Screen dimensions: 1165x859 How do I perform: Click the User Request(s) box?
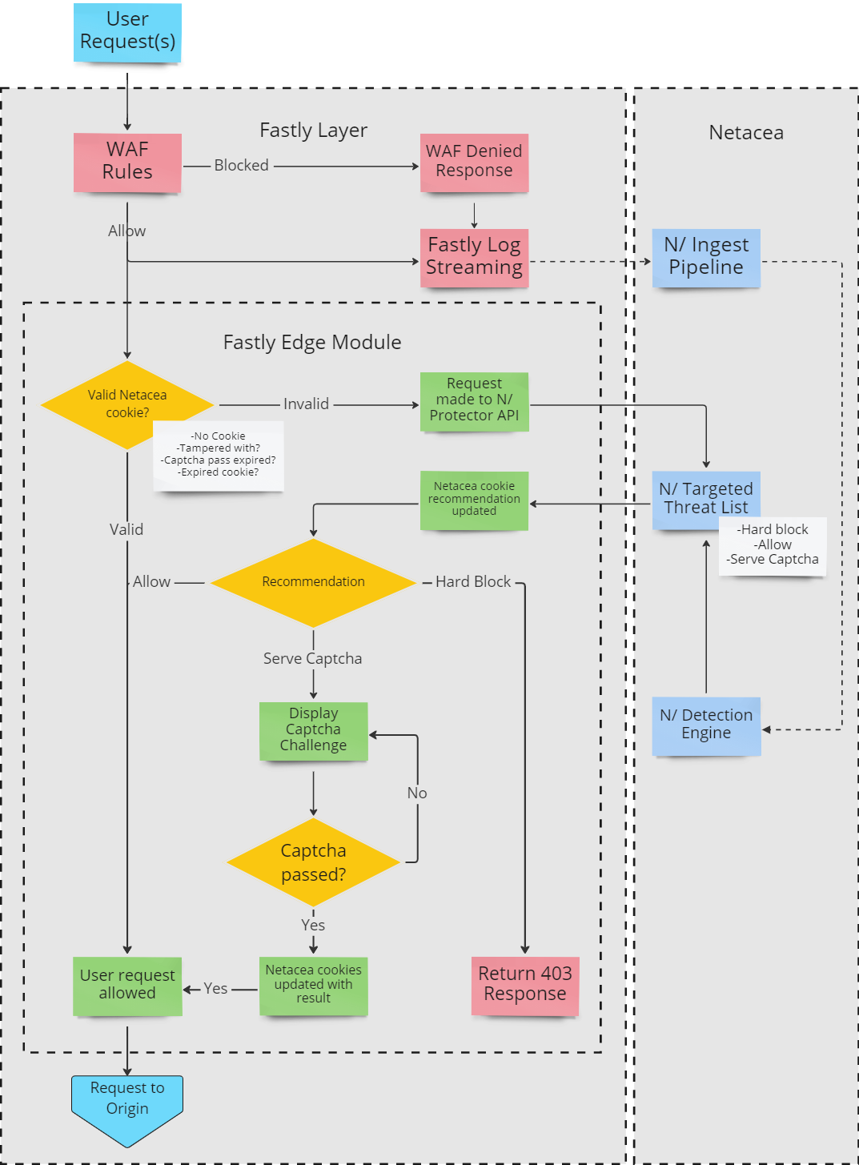(127, 32)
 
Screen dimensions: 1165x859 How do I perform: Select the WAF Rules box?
(127, 162)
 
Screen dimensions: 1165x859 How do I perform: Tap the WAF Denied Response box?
(474, 162)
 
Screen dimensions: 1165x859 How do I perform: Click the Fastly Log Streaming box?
(474, 257)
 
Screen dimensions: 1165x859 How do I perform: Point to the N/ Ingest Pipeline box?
(706, 257)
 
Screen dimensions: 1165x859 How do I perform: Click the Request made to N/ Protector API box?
(474, 400)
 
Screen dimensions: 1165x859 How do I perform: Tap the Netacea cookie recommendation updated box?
(474, 500)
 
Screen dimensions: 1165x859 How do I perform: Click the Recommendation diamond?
(313, 582)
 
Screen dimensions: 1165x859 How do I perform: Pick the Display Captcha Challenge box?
(313, 730)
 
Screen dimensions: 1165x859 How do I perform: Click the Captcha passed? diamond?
(313, 862)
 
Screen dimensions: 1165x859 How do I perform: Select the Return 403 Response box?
(524, 985)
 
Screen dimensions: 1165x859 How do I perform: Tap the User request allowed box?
(127, 985)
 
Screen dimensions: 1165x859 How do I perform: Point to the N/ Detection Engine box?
(706, 725)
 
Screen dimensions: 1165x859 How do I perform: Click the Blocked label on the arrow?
(241, 166)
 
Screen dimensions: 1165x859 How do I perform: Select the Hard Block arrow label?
(473, 582)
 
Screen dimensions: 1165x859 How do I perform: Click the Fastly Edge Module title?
(312, 343)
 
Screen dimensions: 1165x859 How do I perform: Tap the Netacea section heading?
(746, 133)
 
